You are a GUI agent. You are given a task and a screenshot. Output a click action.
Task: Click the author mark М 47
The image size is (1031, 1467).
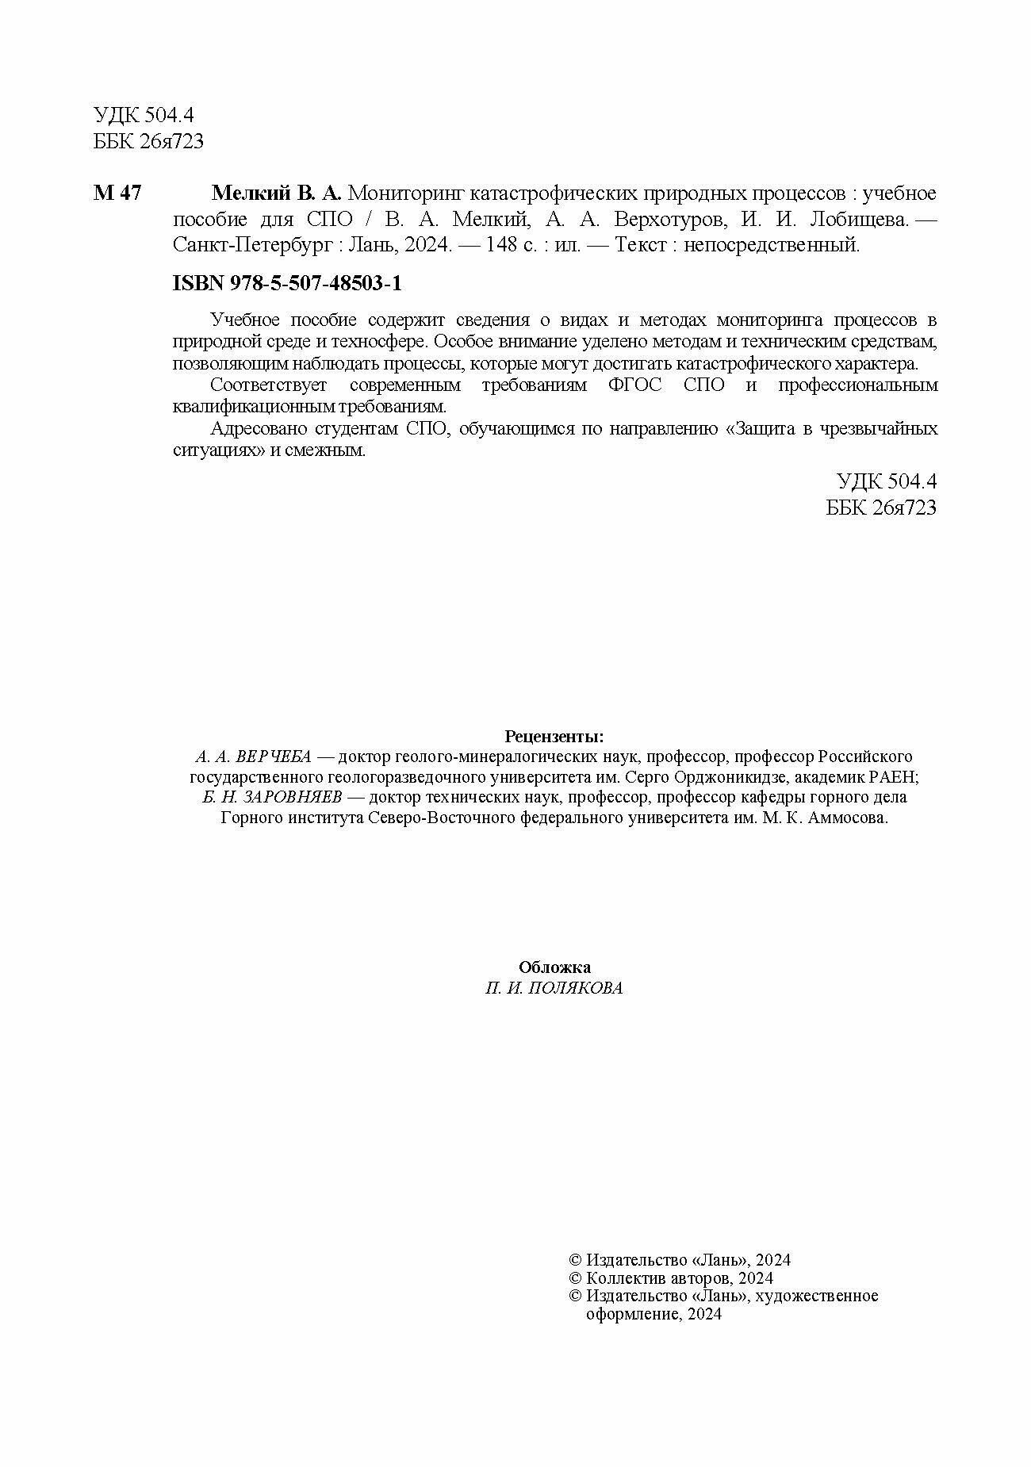coord(117,193)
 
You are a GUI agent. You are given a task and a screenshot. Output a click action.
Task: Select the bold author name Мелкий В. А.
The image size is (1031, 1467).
coord(276,193)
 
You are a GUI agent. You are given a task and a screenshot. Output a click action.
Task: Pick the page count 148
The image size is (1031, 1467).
coord(502,245)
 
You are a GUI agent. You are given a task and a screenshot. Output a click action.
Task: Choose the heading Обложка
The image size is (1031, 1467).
coord(554,967)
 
